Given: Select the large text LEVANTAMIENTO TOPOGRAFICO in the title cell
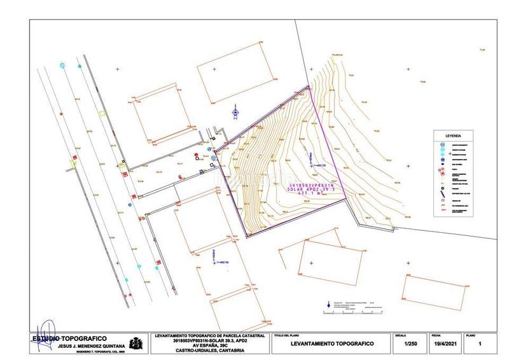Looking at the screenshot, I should pos(331,344).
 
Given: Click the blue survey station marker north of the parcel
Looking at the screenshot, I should pos(235,113).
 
